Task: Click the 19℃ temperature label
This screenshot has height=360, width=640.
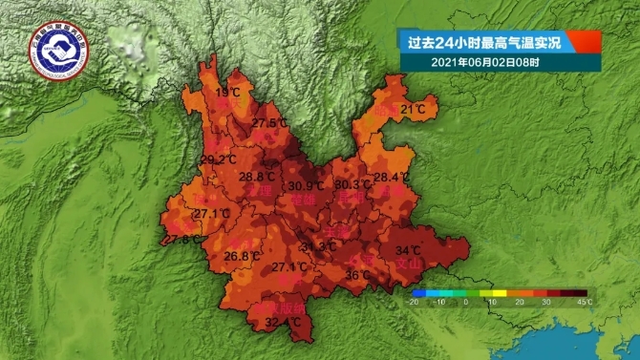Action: [x=228, y=93]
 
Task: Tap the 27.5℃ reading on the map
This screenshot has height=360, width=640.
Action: [x=270, y=123]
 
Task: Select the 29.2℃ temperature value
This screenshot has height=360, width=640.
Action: [x=219, y=159]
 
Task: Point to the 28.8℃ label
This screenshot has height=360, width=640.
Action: [x=256, y=177]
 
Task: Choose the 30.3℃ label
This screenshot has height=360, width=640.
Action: [x=353, y=183]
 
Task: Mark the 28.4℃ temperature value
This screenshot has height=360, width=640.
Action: [x=392, y=178]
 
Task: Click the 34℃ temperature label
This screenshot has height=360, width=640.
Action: [x=408, y=251]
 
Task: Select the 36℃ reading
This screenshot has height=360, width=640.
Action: [x=357, y=275]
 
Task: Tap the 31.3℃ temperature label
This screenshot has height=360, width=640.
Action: [x=319, y=246]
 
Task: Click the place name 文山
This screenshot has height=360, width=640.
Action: [x=409, y=264]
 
